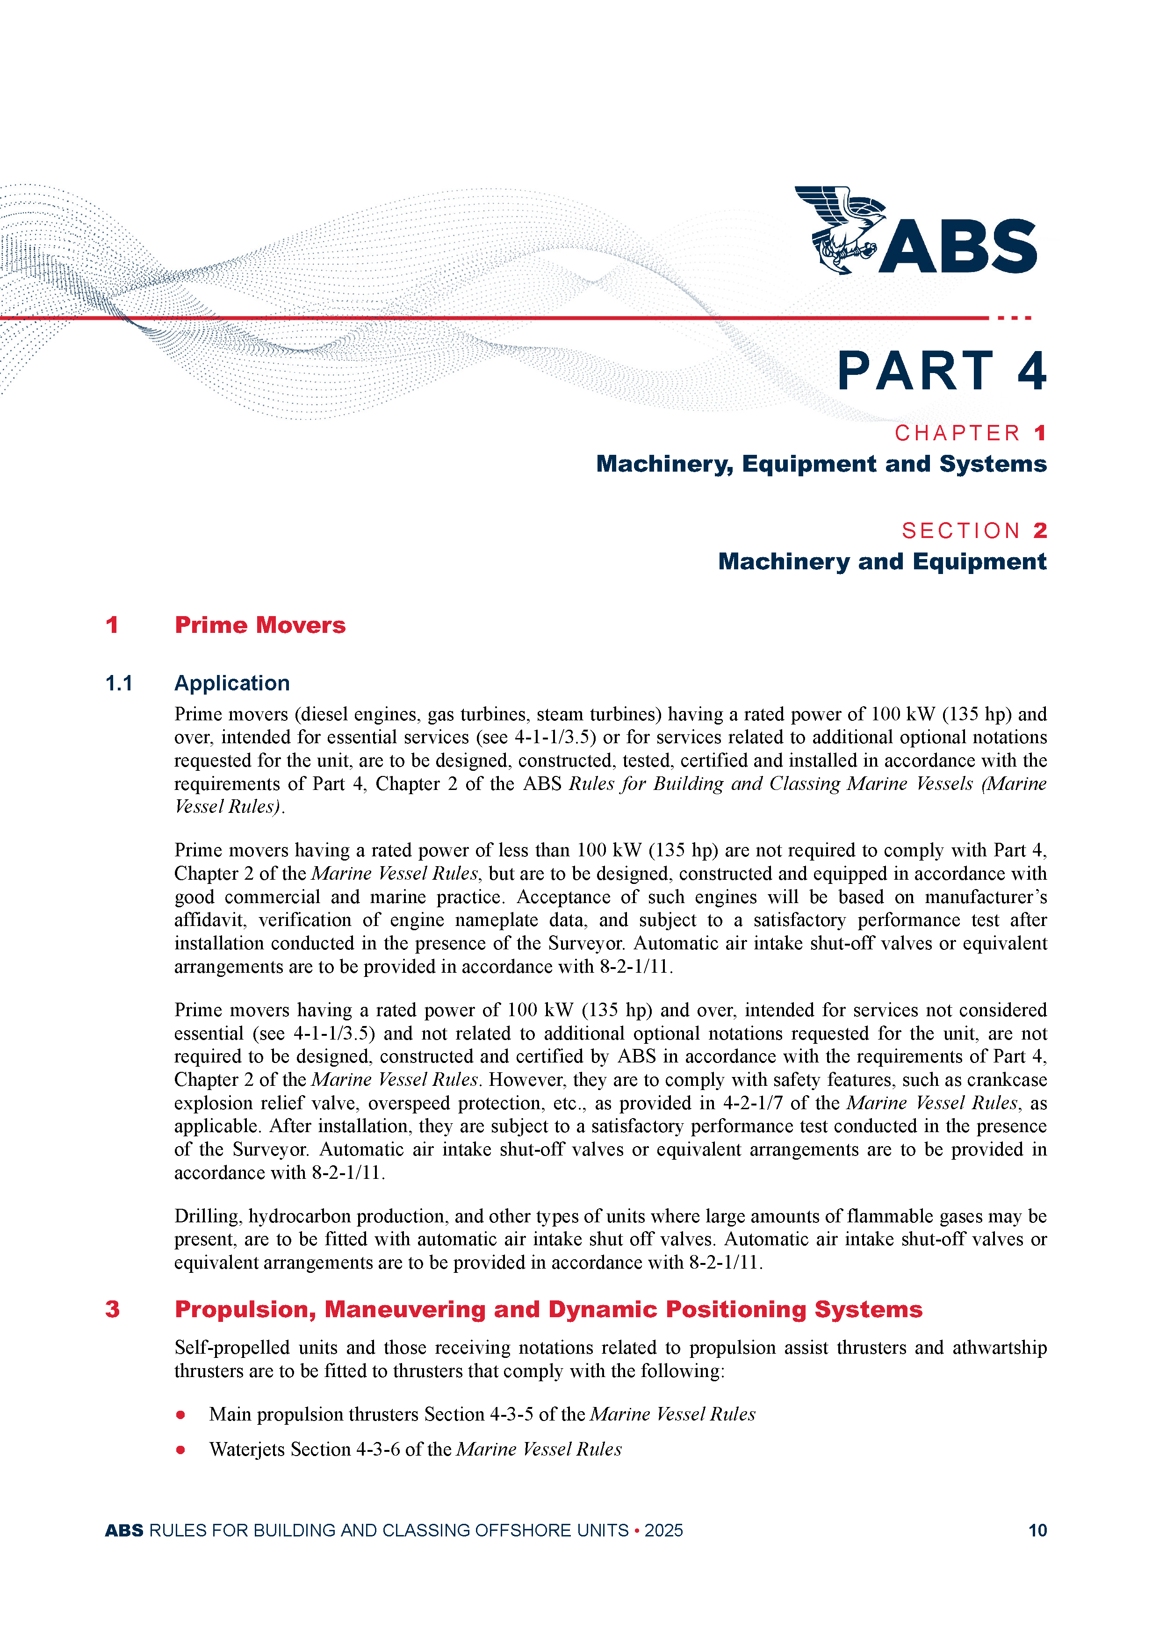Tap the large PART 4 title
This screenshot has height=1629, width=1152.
(941, 371)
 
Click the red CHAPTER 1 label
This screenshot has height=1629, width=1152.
(970, 433)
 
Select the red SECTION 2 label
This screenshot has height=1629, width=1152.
(974, 531)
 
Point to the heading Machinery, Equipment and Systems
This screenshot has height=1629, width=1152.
(821, 464)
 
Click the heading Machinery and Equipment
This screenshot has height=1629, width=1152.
(882, 561)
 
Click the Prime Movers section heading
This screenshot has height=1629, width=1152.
(260, 625)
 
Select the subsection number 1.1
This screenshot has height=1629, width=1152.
(119, 683)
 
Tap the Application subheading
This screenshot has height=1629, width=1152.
(232, 683)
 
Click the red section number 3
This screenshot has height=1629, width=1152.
(112, 1309)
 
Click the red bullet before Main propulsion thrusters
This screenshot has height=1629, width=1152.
(181, 1415)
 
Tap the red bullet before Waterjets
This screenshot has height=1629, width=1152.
(181, 1450)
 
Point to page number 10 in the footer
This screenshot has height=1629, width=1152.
(1037, 1530)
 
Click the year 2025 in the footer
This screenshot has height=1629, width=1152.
(663, 1530)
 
